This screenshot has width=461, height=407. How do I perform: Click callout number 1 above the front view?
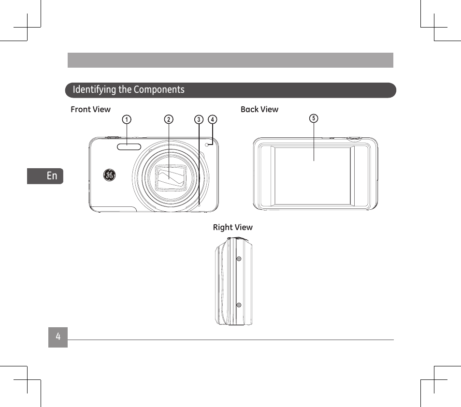pos(127,119)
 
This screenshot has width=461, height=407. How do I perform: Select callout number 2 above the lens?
pos(169,119)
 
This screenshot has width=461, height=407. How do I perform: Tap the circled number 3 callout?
pos(199,119)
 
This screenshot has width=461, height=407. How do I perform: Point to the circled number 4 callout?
pos(212,119)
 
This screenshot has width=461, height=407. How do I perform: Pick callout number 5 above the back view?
pos(314,118)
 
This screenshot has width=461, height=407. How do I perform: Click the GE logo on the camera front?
pos(109,175)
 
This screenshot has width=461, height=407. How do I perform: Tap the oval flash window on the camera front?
pos(129,147)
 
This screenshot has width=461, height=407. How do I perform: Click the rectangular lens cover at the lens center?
pos(171,177)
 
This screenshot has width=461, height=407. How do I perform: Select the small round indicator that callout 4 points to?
pos(207,145)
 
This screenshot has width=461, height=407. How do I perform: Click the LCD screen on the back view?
pos(313,175)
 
